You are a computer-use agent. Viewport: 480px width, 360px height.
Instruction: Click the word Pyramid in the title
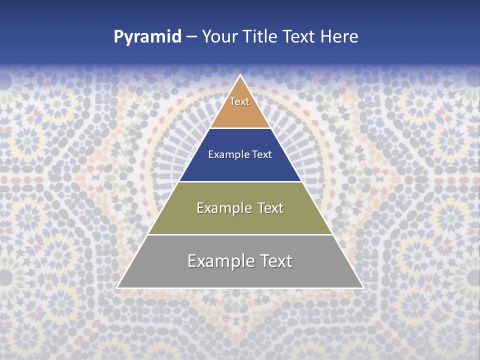147,37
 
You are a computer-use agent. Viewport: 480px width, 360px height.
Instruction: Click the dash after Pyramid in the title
191,37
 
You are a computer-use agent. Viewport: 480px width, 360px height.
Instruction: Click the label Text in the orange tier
239,101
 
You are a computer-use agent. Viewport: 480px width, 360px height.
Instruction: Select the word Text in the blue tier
262,155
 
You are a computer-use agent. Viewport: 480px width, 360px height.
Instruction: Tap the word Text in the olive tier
270,208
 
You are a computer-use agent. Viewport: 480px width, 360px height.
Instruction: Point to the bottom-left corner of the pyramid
117,287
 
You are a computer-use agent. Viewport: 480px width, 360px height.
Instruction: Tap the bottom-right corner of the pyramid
362,287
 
